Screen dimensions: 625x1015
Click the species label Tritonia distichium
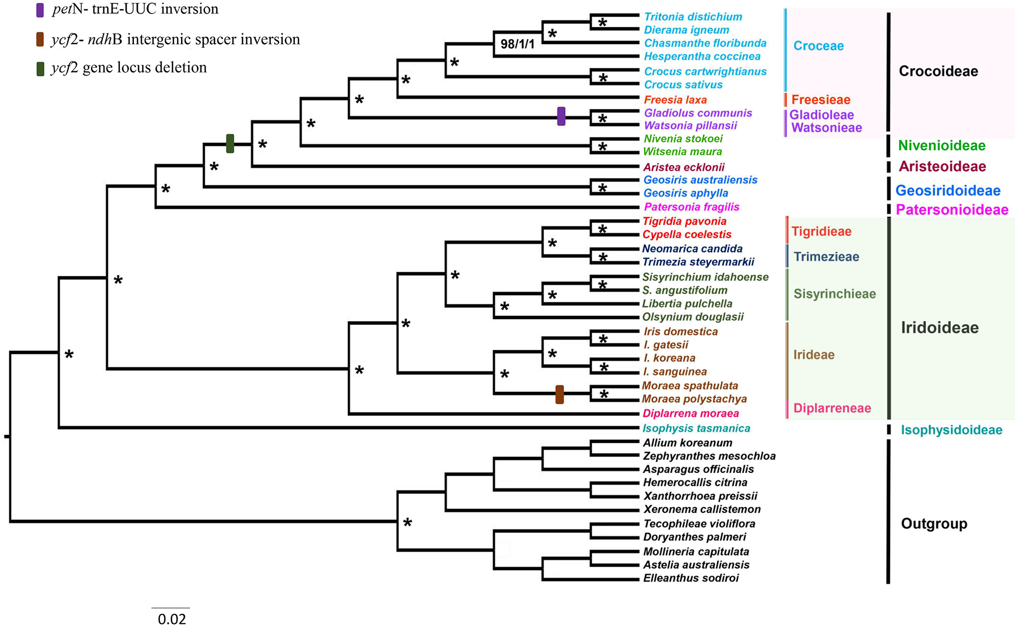[x=693, y=17]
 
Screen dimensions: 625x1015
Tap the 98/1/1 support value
[x=517, y=44]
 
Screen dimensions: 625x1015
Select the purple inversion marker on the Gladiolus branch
[x=561, y=116]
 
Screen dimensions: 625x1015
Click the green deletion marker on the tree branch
[x=230, y=144]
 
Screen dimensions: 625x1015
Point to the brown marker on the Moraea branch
[x=559, y=394]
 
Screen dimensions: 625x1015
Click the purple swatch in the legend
[x=40, y=10]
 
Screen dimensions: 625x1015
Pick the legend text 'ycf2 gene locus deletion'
[x=129, y=68]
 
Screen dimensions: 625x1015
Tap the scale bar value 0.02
[x=171, y=619]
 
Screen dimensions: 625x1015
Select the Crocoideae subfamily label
[x=938, y=71]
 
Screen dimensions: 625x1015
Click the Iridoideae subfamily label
[x=939, y=327]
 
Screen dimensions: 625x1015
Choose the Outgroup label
[x=934, y=524]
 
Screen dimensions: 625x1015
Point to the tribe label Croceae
[x=818, y=46]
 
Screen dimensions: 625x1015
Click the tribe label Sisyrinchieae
[x=834, y=294]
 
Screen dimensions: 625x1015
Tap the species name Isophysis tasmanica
[x=696, y=428]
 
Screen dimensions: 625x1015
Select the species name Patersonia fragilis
[x=692, y=207]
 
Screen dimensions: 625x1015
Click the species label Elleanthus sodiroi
[x=691, y=578]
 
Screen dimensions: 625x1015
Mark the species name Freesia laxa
[x=675, y=100]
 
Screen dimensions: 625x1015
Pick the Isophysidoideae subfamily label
[x=951, y=430]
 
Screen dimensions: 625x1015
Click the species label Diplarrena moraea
[x=691, y=414]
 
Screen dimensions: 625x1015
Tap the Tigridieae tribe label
[x=821, y=232]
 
